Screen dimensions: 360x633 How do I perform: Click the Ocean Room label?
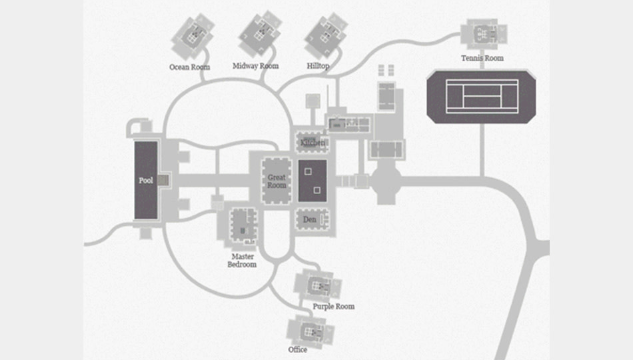[x=190, y=67]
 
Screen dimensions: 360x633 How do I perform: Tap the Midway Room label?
[x=255, y=66]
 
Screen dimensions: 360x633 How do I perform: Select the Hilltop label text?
[x=318, y=67]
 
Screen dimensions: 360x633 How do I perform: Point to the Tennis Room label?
[x=482, y=58]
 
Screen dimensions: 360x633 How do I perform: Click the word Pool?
[x=146, y=181]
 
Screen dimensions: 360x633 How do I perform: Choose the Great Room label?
[x=277, y=181]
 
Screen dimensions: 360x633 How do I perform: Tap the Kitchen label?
[x=313, y=143]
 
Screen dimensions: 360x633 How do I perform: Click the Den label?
[x=309, y=219]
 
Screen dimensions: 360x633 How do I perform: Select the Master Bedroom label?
[x=243, y=260]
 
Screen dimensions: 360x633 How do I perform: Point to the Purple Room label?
[x=333, y=307]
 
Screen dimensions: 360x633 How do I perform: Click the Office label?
[x=297, y=350]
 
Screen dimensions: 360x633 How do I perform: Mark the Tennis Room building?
[x=484, y=33]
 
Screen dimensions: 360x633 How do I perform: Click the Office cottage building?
[x=309, y=331]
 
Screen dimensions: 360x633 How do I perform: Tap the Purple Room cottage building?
[x=319, y=285]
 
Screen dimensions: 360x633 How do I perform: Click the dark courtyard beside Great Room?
[x=312, y=181]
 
